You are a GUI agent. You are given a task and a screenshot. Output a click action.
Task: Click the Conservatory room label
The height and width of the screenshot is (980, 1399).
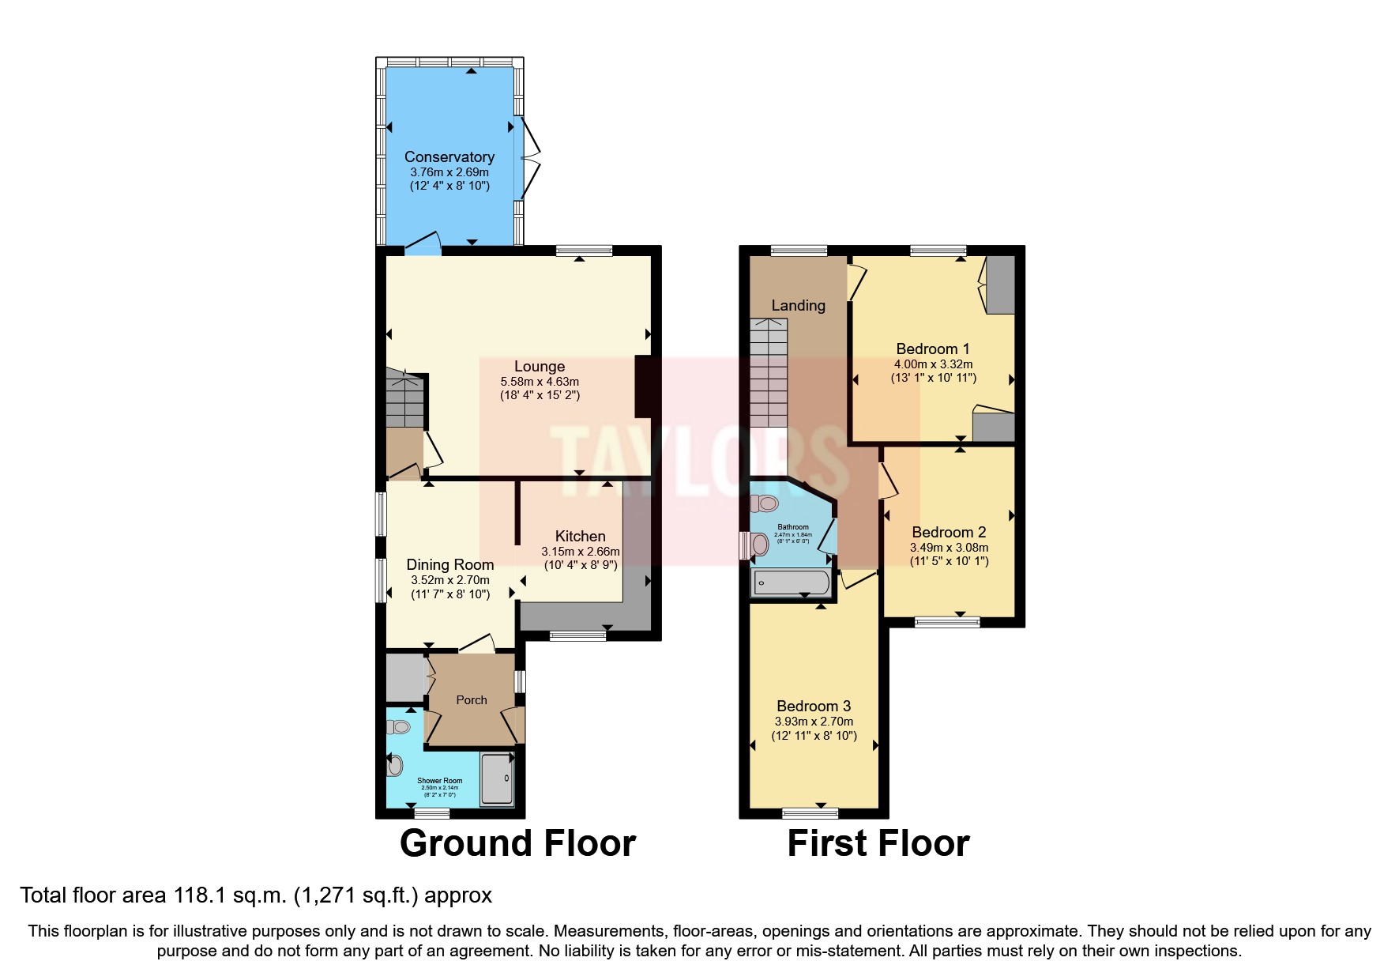click(449, 156)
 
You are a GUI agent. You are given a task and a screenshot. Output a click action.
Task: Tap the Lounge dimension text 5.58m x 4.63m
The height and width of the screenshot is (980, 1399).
click(539, 381)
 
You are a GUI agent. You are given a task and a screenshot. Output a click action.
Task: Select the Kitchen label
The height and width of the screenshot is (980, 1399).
click(580, 536)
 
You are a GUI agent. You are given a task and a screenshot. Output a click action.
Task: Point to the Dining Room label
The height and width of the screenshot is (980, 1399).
click(449, 564)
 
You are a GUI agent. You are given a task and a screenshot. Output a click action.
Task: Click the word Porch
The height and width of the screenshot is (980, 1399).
click(471, 699)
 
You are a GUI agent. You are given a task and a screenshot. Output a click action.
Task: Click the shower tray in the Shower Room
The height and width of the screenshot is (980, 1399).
click(497, 778)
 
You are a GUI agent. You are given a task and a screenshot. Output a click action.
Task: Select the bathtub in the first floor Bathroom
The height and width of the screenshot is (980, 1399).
click(791, 584)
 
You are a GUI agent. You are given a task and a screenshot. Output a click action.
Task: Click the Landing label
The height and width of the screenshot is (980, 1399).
click(798, 305)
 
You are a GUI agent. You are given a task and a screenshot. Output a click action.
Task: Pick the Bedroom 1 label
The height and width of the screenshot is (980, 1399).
click(932, 349)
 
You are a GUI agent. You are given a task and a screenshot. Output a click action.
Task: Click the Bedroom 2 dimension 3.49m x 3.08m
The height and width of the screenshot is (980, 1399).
click(949, 547)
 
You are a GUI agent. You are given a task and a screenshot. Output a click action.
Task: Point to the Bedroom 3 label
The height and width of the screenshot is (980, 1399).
click(813, 706)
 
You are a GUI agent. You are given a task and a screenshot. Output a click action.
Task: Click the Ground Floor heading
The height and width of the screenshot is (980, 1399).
click(517, 843)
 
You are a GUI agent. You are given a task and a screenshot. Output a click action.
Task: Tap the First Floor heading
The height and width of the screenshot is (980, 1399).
click(878, 843)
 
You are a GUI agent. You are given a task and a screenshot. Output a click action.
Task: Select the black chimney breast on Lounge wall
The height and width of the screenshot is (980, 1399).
click(643, 386)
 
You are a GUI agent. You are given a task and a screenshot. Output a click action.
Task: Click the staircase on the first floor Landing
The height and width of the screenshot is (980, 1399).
click(769, 371)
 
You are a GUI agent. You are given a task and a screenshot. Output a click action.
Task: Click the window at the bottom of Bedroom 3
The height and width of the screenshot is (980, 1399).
click(810, 812)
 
